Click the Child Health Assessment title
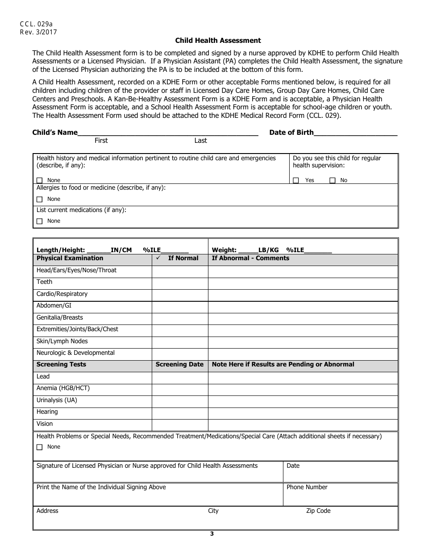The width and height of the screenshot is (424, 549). pos(218,41)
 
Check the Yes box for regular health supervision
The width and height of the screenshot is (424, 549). pos(296,180)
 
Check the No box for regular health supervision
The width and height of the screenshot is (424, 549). pos(333,180)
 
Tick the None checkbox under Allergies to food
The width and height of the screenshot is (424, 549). pos(40,200)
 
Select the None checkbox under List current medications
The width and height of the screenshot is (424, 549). pos(40,221)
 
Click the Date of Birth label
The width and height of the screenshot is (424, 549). pos(291,133)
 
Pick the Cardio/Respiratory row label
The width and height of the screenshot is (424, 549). pos(62,294)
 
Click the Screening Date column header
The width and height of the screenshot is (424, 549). pos(179,365)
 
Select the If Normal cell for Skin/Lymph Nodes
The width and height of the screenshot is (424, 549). pos(180,342)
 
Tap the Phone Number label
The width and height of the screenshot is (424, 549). pos(307,487)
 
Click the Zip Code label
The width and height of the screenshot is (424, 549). pos(318,511)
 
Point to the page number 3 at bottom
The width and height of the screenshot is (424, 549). pos(212,534)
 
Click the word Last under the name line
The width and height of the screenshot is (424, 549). pos(200,141)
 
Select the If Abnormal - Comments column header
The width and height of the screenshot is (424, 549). pos(250,258)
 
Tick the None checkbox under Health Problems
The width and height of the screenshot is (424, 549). pos(40,447)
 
